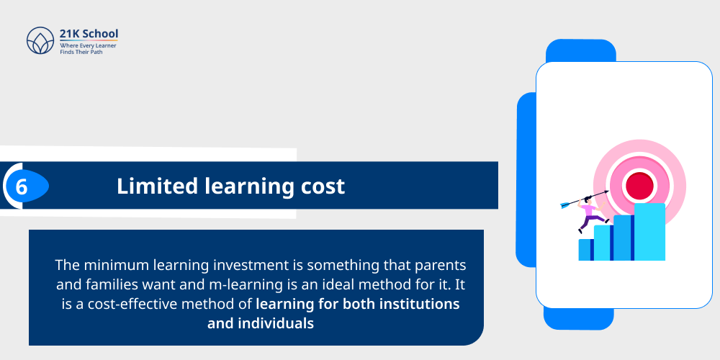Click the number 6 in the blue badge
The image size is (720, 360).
tap(22, 187)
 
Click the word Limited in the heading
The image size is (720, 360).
tap(148, 186)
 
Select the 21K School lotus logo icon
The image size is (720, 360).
tap(40, 41)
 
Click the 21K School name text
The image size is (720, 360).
tap(89, 34)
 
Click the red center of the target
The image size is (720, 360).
tap(639, 186)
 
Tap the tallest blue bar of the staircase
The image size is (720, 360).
tap(649, 231)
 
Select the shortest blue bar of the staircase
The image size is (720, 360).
tap(585, 250)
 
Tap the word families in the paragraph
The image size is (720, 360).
tap(110, 284)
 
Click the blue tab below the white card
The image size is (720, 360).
tap(578, 318)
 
